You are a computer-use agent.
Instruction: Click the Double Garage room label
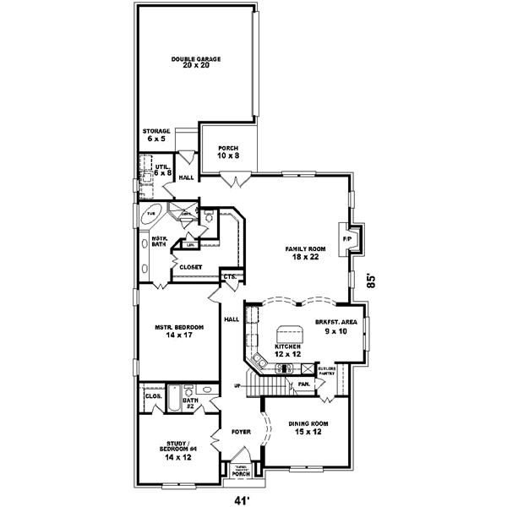pos(195,62)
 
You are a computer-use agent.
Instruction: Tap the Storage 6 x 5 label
pos(156,134)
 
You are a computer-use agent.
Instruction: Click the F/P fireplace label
pos(346,240)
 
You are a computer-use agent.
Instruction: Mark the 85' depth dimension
pos(371,281)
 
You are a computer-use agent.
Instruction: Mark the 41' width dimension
pos(244,499)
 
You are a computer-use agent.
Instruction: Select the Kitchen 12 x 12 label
pos(288,350)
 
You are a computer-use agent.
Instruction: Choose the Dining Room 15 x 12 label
pos(308,427)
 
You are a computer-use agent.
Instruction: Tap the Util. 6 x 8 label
pos(162,170)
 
